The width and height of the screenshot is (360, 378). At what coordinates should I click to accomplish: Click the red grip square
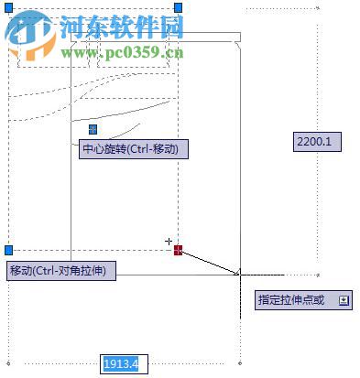point(179,249)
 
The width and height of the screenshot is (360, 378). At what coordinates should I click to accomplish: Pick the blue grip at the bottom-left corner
point(8,249)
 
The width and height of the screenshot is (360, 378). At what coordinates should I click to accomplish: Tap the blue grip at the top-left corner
point(8,7)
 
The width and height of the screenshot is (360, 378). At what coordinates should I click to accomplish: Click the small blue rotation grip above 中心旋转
point(93,130)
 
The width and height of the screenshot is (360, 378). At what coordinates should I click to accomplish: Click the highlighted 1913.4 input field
point(123,364)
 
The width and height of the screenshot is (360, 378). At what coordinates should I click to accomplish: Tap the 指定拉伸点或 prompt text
point(290,300)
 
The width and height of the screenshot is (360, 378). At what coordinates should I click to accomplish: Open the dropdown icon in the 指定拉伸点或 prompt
point(344,300)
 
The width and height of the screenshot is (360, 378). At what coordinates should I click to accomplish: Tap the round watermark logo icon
point(30,35)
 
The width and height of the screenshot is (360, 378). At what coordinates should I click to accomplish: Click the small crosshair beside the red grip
point(169,242)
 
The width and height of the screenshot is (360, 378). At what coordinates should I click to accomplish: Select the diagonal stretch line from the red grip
point(211,261)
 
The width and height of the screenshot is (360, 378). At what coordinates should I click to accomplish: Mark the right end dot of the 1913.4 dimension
point(239,363)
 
